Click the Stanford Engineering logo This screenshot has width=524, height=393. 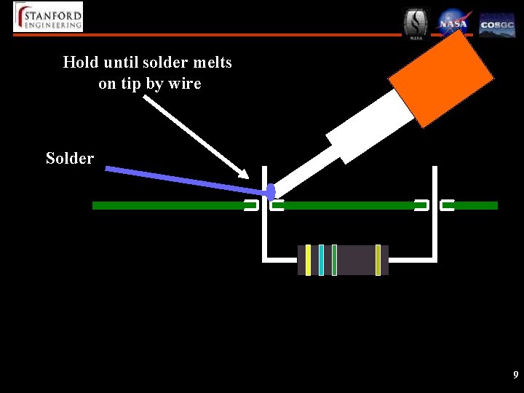48,16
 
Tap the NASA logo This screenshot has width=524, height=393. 453,23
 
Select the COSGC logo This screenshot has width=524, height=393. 497,25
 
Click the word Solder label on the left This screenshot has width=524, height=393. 70,158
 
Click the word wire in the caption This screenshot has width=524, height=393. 184,84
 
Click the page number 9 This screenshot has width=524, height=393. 515,376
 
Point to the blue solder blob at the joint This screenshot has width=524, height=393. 271,192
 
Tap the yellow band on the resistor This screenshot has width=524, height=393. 309,260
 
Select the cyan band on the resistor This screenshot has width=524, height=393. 321,260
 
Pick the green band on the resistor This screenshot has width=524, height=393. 334,260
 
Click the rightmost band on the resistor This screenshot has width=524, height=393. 378,260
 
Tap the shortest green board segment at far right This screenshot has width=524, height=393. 475,206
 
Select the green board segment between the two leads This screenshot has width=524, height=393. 348,206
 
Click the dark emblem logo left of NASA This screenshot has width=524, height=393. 417,23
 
